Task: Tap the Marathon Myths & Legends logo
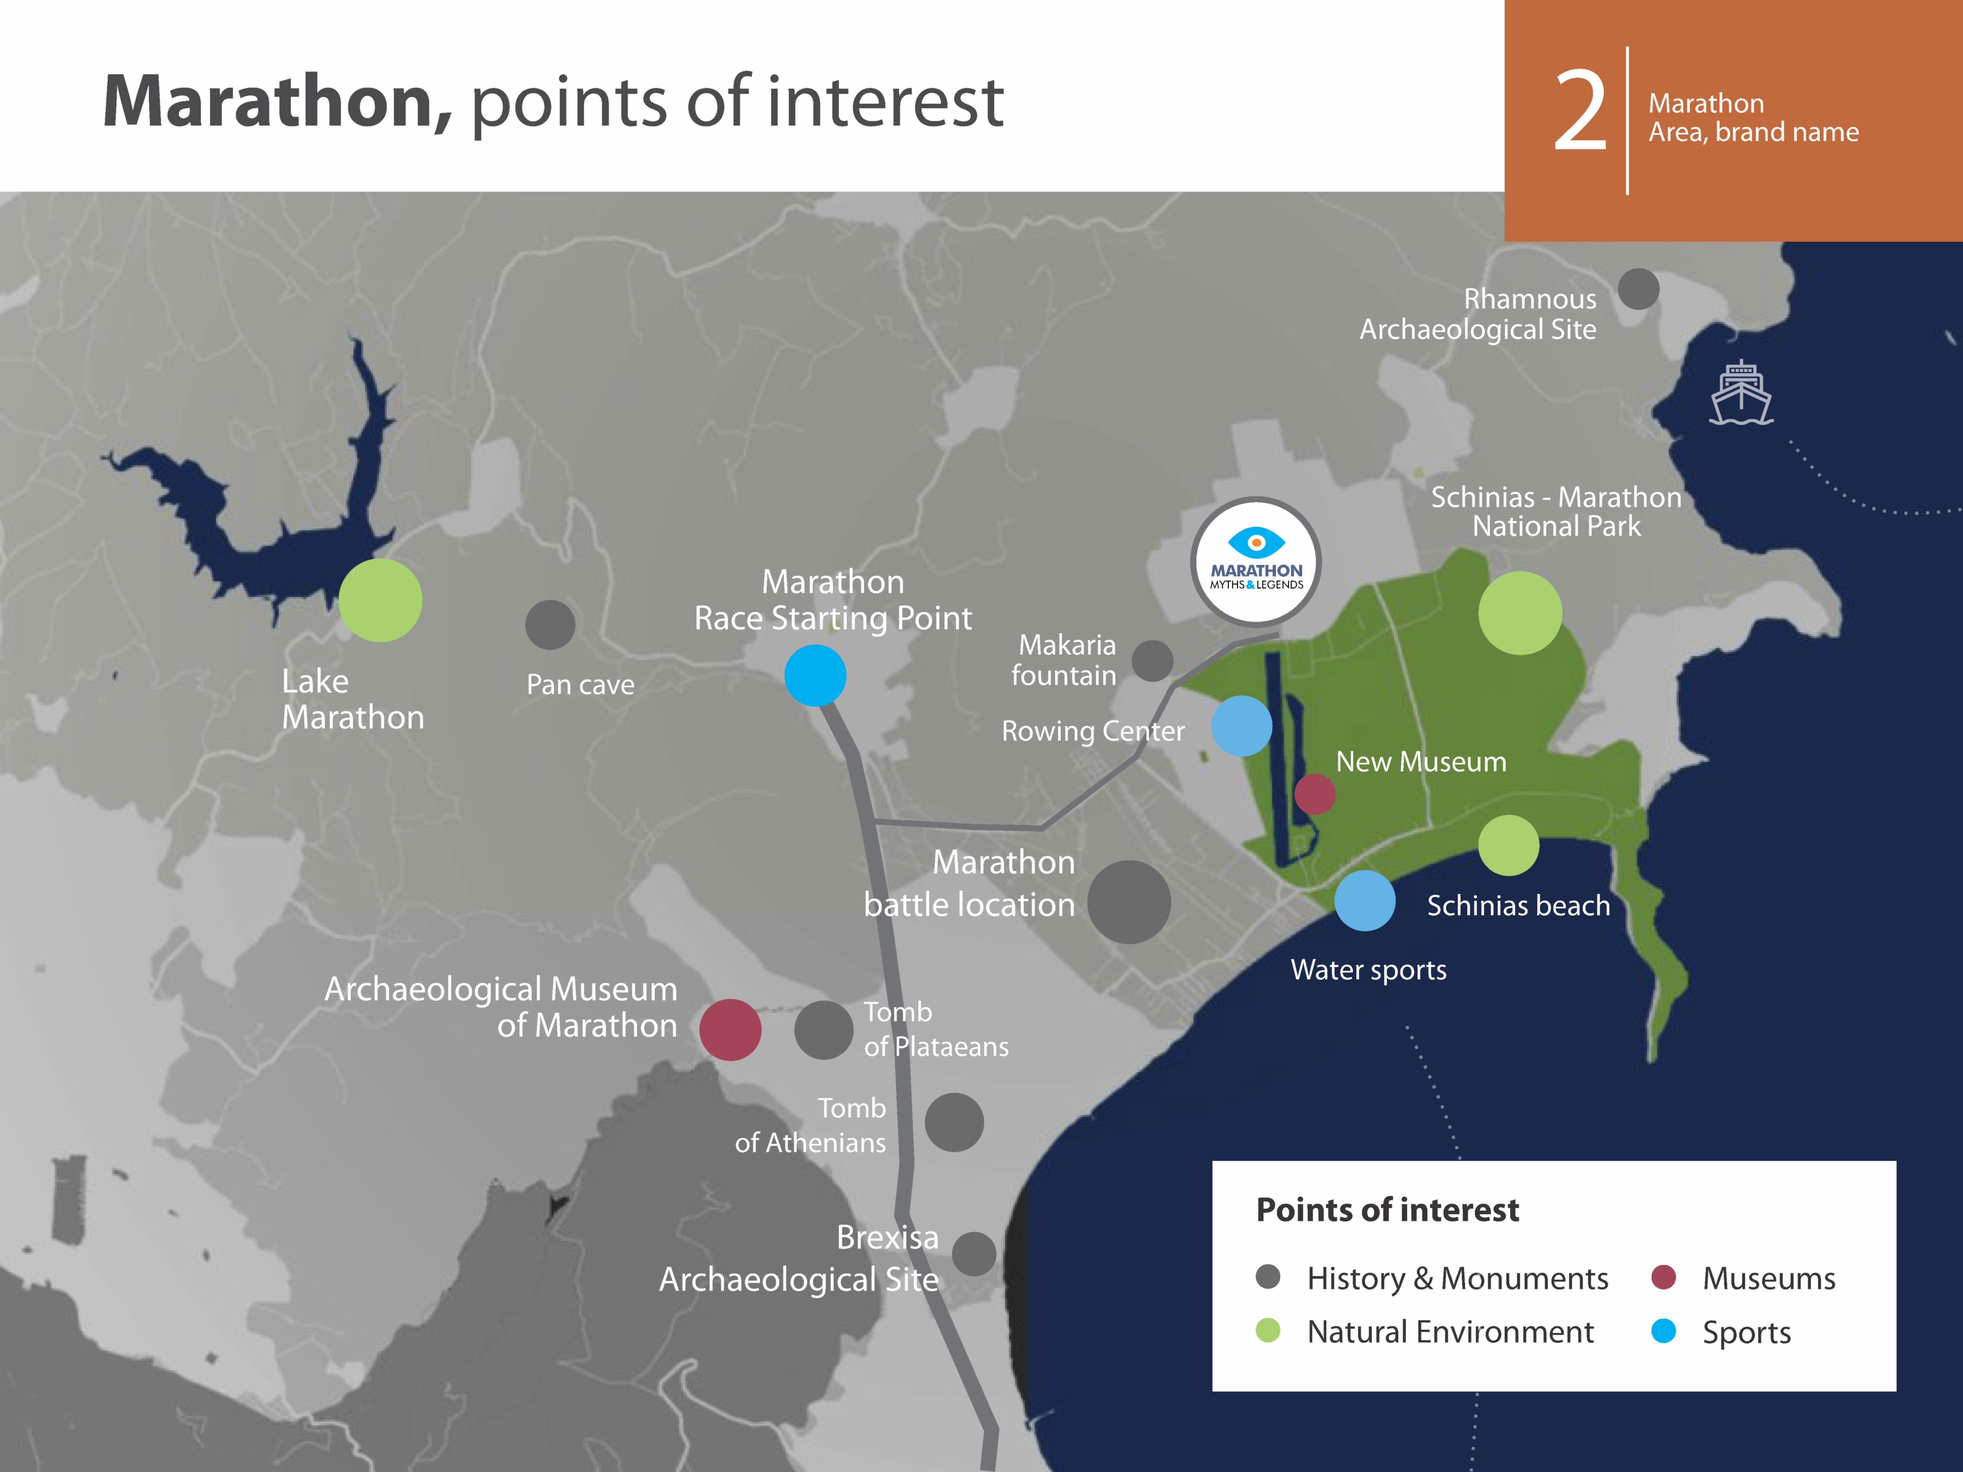(1256, 563)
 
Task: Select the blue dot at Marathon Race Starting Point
(815, 675)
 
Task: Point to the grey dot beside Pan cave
(550, 625)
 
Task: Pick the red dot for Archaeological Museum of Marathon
(730, 1029)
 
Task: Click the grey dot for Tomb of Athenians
(954, 1122)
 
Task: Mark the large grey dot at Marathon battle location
(1129, 902)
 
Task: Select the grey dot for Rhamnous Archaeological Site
(1638, 289)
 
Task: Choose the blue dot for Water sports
(1365, 901)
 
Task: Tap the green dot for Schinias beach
(1509, 846)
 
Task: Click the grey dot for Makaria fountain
(1153, 661)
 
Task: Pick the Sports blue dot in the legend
(1663, 1331)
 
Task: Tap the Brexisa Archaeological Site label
(799, 1258)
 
